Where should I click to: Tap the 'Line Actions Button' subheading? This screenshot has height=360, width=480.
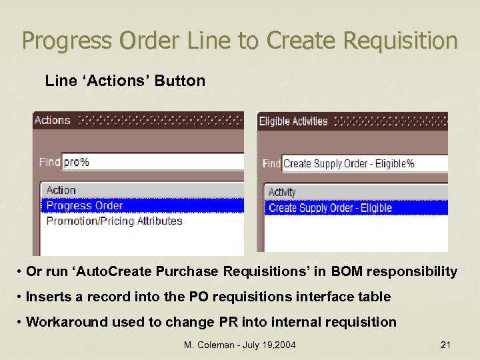(x=125, y=81)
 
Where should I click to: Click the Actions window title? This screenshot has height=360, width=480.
(x=53, y=121)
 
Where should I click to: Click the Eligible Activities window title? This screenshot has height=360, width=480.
(x=293, y=121)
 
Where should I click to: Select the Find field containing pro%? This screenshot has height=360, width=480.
(x=152, y=162)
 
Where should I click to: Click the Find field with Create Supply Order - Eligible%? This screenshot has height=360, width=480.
(x=363, y=163)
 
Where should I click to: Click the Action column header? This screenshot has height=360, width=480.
(x=61, y=191)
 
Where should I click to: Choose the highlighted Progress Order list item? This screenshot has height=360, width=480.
(x=85, y=205)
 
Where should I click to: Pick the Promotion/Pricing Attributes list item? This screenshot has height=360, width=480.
(x=114, y=221)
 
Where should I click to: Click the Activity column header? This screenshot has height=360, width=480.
(x=282, y=192)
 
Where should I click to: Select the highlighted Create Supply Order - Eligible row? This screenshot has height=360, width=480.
(x=330, y=208)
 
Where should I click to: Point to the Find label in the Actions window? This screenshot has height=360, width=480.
(x=49, y=162)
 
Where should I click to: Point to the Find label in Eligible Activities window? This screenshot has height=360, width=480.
(x=271, y=163)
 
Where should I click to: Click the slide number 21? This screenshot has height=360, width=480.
(x=446, y=345)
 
